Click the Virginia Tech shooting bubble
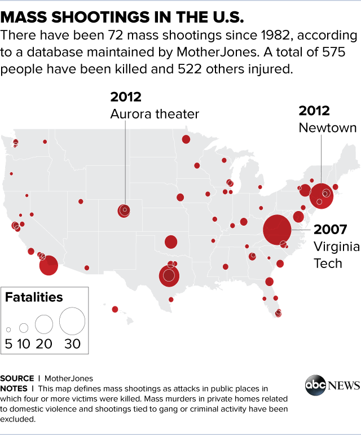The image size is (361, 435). [x=278, y=230]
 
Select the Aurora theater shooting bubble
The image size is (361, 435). [x=124, y=210]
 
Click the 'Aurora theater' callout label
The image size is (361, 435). [x=155, y=115]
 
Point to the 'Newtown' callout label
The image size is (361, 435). [x=327, y=128]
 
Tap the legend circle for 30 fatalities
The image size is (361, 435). [x=72, y=321]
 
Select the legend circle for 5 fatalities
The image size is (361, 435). [x=9, y=329]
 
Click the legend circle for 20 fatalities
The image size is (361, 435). [x=43, y=324]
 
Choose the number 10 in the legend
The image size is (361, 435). [x=24, y=344]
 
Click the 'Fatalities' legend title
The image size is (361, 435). [x=34, y=297]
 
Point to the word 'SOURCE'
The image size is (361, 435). [x=17, y=378]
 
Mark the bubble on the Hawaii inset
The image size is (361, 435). [x=115, y=309]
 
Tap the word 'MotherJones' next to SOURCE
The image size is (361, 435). [x=69, y=378]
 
